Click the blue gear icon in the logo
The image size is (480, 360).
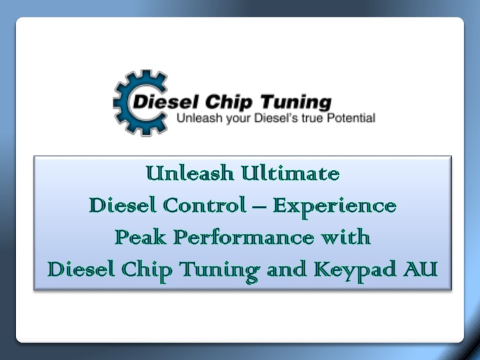[x=123, y=103]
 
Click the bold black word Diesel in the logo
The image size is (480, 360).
[x=165, y=102]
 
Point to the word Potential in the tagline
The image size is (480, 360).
[x=351, y=118]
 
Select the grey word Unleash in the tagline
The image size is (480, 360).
[x=200, y=118]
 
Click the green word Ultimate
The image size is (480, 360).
[x=291, y=173]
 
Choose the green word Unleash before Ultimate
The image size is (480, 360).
[x=190, y=173]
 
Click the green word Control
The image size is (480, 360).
[x=205, y=205]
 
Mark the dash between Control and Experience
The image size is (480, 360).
[x=259, y=206]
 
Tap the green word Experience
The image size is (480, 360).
[x=335, y=207]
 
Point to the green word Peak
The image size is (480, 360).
[x=141, y=237]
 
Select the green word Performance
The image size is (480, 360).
[x=244, y=237]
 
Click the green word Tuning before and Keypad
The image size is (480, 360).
[x=219, y=271]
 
